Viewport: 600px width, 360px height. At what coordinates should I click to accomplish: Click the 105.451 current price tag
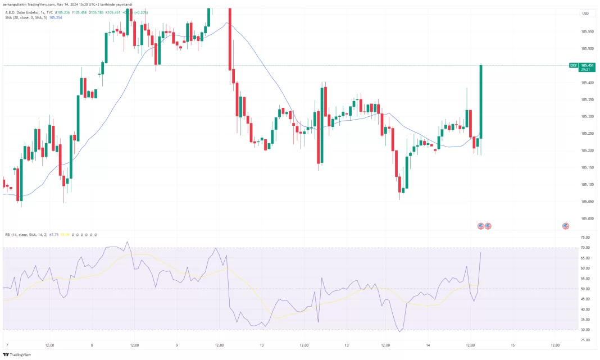(x=587, y=65)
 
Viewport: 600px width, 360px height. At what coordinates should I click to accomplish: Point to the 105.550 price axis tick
(x=588, y=31)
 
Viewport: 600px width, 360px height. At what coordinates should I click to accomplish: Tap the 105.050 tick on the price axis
(x=588, y=201)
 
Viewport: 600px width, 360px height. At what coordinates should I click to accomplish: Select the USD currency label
(x=585, y=13)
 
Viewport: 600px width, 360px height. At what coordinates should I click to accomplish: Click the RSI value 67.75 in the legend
(x=54, y=235)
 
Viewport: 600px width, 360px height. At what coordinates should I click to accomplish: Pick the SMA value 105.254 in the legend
(x=56, y=17)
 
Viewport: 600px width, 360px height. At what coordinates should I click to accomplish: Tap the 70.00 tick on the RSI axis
(x=585, y=248)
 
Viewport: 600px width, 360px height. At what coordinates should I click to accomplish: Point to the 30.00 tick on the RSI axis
(x=585, y=330)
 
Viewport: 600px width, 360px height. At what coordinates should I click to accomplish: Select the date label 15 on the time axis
(x=512, y=345)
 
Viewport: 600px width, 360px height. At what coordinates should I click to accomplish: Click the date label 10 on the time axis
(x=262, y=345)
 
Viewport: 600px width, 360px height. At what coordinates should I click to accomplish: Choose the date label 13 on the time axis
(x=347, y=345)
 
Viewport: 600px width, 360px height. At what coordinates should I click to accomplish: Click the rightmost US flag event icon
(x=565, y=226)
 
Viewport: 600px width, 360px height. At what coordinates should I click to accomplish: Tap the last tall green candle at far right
(x=481, y=101)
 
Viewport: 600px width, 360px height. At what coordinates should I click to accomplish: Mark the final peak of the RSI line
(x=481, y=253)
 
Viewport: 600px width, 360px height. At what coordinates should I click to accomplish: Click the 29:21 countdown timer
(x=587, y=70)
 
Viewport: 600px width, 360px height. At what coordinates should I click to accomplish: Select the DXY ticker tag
(x=573, y=65)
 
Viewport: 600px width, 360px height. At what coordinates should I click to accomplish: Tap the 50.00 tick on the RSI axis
(x=585, y=289)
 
